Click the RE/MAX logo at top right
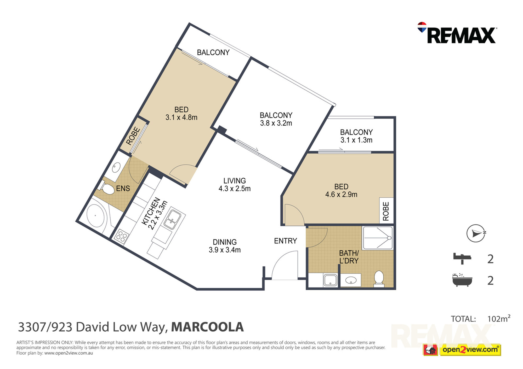457,33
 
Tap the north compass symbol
476,233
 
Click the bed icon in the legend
462,259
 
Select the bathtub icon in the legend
462,280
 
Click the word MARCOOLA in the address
207,327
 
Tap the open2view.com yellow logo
470,350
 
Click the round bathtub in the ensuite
95,216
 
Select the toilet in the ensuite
107,188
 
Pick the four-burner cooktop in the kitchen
122,236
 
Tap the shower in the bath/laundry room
377,238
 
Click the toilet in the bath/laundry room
379,279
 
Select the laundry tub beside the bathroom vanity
330,280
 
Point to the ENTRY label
285,241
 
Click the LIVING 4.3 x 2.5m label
235,185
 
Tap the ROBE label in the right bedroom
386,211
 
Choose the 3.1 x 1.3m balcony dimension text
356,140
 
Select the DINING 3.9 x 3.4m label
225,246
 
